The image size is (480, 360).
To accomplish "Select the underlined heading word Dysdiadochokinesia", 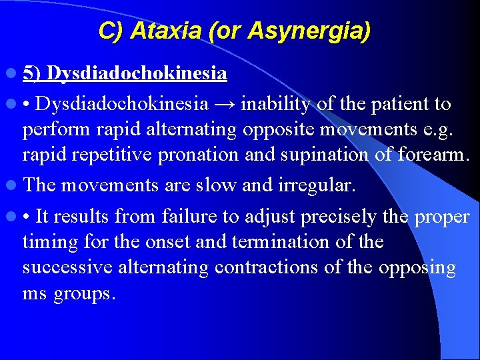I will tap(137, 73).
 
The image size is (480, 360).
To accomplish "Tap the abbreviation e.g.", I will tap(453, 129).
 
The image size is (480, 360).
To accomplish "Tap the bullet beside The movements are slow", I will tap(14, 185).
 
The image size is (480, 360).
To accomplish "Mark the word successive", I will tap(67, 267).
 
